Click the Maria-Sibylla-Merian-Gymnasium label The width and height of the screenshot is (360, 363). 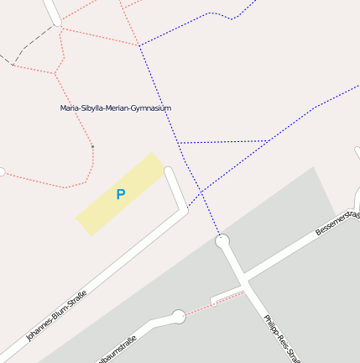click(x=116, y=108)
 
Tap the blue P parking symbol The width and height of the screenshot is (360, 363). click(x=121, y=195)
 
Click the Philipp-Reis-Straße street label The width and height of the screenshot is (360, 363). click(x=281, y=339)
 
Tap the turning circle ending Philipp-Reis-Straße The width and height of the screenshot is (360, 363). click(x=222, y=242)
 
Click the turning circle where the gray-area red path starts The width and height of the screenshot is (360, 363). click(x=178, y=316)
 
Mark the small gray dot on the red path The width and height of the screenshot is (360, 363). click(x=92, y=147)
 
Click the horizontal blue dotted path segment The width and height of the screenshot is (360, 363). click(x=222, y=142)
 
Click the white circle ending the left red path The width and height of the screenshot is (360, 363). click(x=2, y=171)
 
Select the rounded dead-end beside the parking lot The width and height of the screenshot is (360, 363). click(x=170, y=172)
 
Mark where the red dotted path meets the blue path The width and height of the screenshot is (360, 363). click(x=139, y=45)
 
